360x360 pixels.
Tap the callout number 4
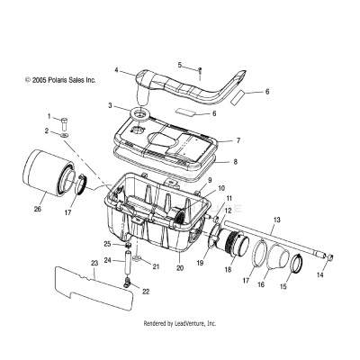coord(116,69)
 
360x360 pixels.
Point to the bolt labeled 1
coord(65,122)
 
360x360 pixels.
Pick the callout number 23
coord(93,263)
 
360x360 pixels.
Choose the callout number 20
coord(179,267)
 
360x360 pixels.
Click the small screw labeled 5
coord(200,69)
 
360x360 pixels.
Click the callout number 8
coord(235,163)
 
